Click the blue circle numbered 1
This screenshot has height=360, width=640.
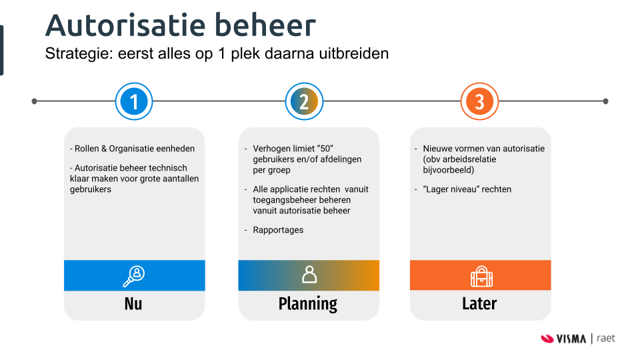point(134,102)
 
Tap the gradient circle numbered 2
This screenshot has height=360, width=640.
point(303,102)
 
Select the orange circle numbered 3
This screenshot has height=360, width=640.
point(479,102)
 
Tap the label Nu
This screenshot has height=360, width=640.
point(133,304)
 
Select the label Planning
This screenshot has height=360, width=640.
point(308,304)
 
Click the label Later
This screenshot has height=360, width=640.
point(479,304)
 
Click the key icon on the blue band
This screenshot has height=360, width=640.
point(133,275)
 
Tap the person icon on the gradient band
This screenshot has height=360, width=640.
point(309,275)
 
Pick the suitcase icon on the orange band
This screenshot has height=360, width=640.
point(480,275)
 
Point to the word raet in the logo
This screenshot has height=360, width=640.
point(606,339)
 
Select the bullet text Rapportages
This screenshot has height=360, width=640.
point(278,230)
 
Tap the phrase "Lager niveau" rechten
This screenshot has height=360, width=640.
point(467,189)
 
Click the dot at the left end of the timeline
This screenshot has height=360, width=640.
point(34,101)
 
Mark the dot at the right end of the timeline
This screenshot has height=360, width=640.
point(605,101)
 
